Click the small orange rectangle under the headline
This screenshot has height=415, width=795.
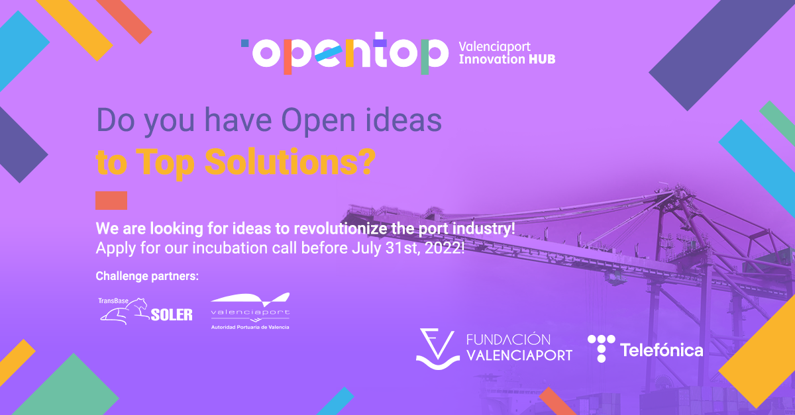pos(111,201)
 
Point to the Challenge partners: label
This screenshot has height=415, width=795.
pos(147,275)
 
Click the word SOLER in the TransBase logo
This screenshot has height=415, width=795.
pos(172,315)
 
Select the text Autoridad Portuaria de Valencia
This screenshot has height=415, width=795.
pos(250,327)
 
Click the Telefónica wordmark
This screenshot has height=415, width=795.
pos(661,350)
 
